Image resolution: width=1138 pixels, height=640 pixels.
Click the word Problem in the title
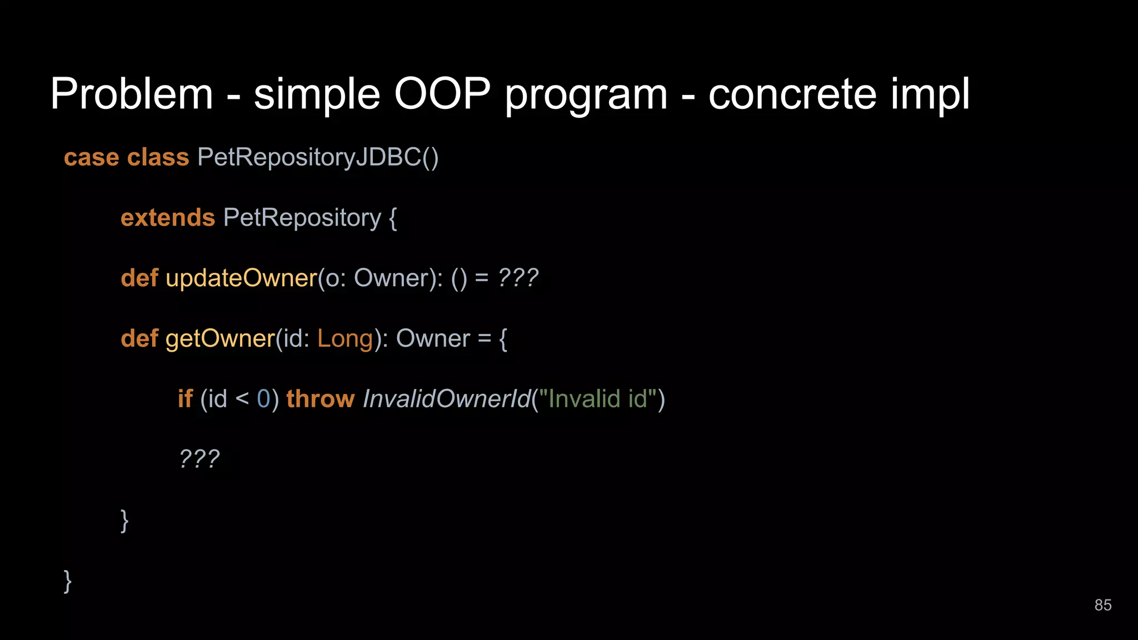point(132,94)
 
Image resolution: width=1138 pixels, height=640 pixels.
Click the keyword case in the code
point(91,158)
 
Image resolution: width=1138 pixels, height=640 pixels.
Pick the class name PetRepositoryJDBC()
point(318,158)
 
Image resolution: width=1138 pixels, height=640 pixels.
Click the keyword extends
point(167,218)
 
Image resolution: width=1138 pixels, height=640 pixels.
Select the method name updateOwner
point(241,278)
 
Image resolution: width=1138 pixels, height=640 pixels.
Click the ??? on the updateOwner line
point(517,278)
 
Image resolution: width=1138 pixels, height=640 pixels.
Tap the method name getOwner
point(220,339)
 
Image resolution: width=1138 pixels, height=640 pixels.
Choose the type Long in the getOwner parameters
point(345,339)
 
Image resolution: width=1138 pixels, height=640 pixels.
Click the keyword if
point(185,399)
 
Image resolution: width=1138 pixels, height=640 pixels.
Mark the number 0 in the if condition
point(263,399)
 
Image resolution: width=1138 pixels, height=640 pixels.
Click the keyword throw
point(320,399)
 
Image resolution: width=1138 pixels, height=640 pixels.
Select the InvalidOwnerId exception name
point(446,399)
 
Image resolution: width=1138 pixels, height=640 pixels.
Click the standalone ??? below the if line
point(199,459)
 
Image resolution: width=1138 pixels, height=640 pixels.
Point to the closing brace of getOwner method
point(124,521)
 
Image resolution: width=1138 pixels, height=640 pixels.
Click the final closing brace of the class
point(68,581)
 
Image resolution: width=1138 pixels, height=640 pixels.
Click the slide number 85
point(1102,605)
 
